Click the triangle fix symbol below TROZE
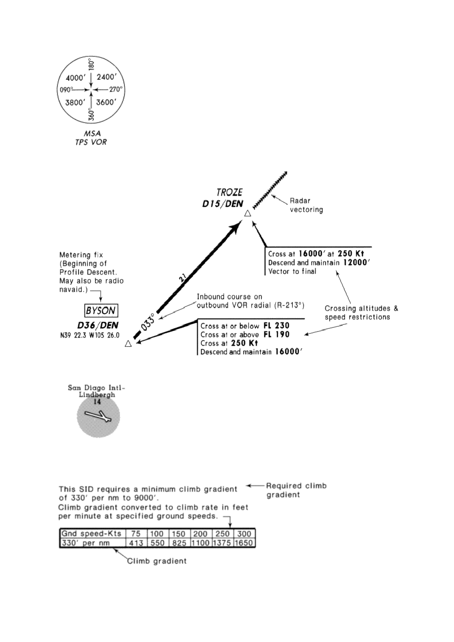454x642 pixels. click(x=248, y=215)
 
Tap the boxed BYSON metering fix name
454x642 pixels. click(x=101, y=310)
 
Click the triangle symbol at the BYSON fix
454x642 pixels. click(x=128, y=344)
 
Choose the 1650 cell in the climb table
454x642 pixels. click(x=244, y=543)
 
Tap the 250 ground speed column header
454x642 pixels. click(x=223, y=534)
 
